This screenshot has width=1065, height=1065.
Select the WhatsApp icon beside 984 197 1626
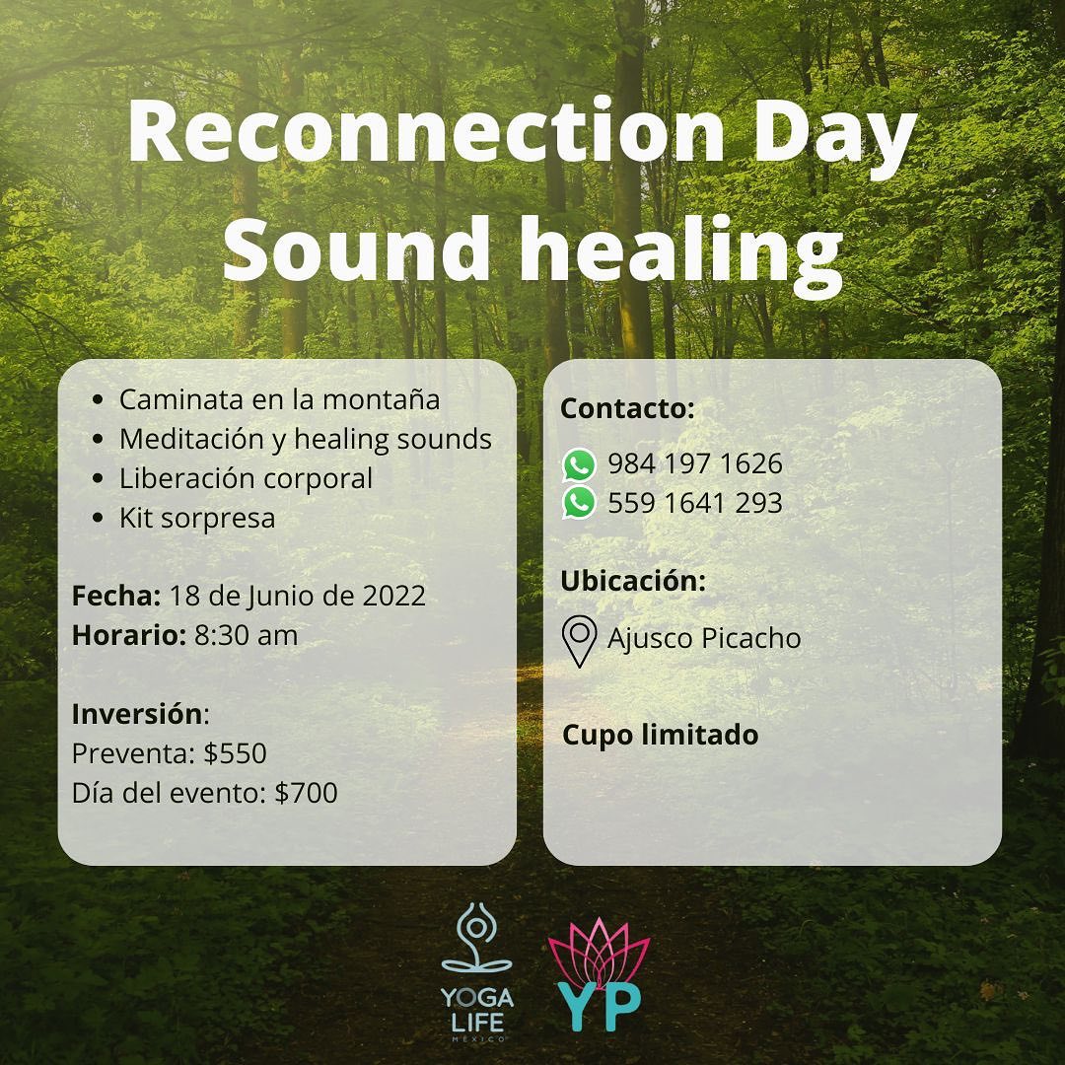click(579, 464)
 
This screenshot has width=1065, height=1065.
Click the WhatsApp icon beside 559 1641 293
click(579, 503)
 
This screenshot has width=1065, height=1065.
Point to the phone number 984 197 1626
click(695, 463)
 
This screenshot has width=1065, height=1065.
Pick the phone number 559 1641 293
click(695, 503)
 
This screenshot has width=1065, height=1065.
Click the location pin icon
click(580, 641)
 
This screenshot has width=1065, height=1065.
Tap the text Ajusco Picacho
click(704, 639)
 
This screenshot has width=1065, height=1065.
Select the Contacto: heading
click(627, 408)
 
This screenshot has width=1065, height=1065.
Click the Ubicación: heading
click(633, 581)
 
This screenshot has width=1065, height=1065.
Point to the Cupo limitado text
click(660, 736)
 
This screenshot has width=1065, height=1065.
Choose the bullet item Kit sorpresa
click(197, 519)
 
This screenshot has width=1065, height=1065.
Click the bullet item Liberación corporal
click(246, 479)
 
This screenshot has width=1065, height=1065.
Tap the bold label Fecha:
click(116, 596)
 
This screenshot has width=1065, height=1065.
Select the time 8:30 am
click(246, 636)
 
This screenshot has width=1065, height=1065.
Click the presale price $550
click(235, 753)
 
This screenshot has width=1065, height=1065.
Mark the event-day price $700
click(306, 793)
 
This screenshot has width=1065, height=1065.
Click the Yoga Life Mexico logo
click(477, 972)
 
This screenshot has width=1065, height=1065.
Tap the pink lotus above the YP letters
click(599, 953)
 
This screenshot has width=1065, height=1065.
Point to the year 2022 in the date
click(393, 596)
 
